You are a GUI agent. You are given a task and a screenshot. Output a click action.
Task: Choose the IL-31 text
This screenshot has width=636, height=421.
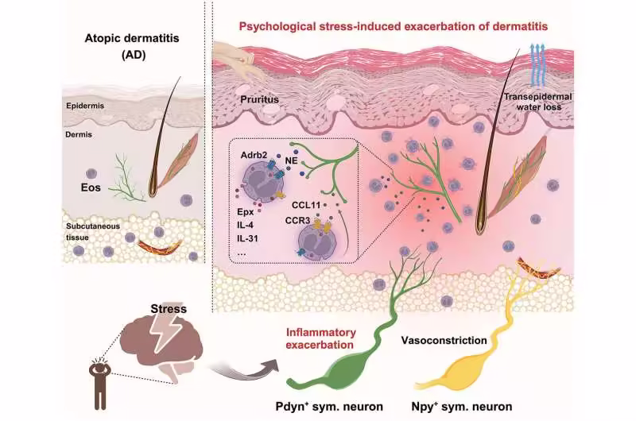(251, 236)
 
